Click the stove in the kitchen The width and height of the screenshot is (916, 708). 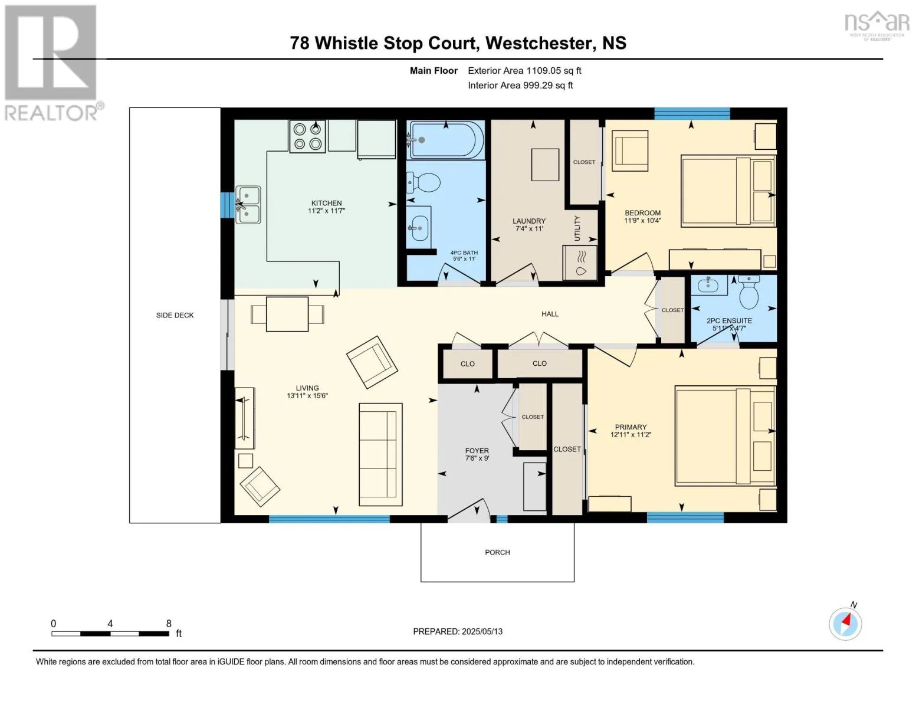pyautogui.click(x=307, y=136)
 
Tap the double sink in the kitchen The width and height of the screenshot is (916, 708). pyautogui.click(x=248, y=205)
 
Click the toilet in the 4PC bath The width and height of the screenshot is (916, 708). pyautogui.click(x=423, y=183)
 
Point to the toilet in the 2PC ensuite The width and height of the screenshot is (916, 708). pyautogui.click(x=749, y=292)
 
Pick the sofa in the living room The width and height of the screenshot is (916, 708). pyautogui.click(x=380, y=454)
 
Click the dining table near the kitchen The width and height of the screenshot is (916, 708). pyautogui.click(x=287, y=314)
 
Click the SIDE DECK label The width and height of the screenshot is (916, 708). pyautogui.click(x=175, y=315)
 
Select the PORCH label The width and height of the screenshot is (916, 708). pyautogui.click(x=497, y=552)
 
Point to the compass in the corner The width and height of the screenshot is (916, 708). pyautogui.click(x=845, y=624)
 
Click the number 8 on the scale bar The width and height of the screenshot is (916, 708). pyautogui.click(x=169, y=624)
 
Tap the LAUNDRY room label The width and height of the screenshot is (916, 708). pyautogui.click(x=529, y=221)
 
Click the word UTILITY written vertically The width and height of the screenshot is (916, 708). pyautogui.click(x=577, y=228)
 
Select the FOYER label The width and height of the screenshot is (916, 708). pyautogui.click(x=477, y=451)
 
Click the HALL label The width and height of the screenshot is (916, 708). pyautogui.click(x=550, y=314)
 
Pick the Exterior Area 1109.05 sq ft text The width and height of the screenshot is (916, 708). pyautogui.click(x=524, y=70)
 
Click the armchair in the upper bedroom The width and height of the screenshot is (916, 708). pyautogui.click(x=630, y=150)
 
